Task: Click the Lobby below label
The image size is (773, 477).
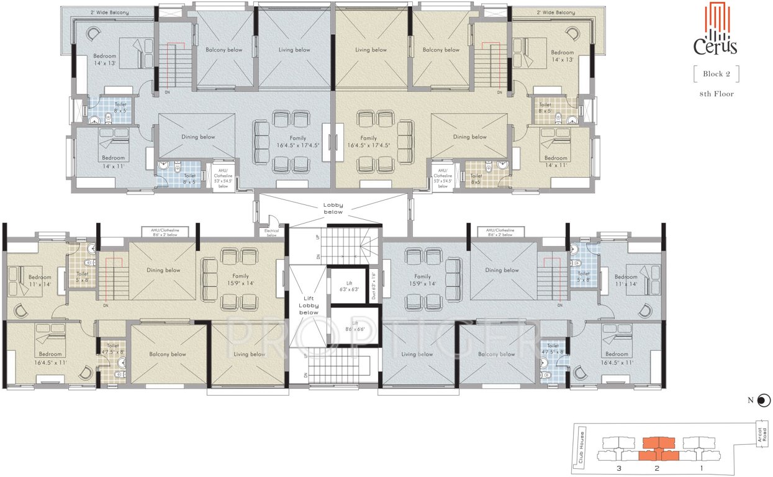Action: pyautogui.click(x=333, y=208)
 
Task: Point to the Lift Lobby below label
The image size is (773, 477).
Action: pyautogui.click(x=309, y=304)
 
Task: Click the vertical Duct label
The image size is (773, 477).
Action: pyautogui.click(x=374, y=285)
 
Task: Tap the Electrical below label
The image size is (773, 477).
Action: pyautogui.click(x=271, y=233)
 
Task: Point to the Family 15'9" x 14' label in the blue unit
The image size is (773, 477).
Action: pyautogui.click(x=422, y=279)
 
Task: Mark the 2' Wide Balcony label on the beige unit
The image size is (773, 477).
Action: pyautogui.click(x=553, y=12)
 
